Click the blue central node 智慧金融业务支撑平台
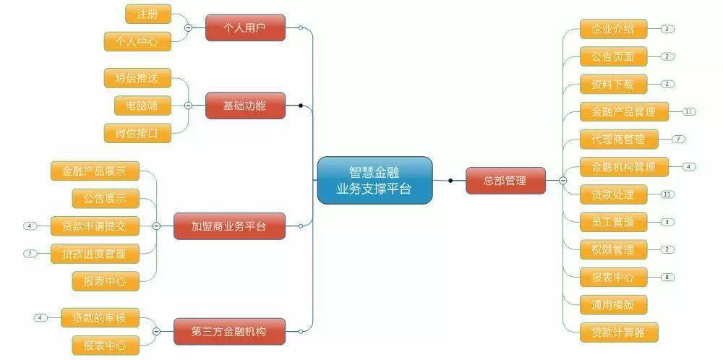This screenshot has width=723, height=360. tap(375, 180)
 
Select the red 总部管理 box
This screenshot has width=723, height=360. tap(505, 181)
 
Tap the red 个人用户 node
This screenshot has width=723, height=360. tap(245, 27)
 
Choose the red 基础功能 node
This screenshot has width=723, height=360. tap(245, 106)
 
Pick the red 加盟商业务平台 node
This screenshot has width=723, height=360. tap(229, 226)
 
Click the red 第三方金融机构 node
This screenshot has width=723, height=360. tap(229, 331)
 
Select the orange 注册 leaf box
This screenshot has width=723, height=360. tap(148, 14)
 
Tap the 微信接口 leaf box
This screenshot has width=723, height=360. tap(137, 133)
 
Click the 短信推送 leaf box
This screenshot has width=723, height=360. tap(137, 78)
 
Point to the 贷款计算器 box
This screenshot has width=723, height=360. tap(619, 333)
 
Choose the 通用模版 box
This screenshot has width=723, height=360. tap(613, 305)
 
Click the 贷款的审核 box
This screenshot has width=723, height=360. tap(100, 317)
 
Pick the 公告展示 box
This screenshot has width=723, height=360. tap(106, 199)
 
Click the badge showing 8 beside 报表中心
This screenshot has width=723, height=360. tap(667, 277)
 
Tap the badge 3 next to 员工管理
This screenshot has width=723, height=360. tap(667, 222)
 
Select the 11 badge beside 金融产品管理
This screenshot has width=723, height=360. tap(689, 111)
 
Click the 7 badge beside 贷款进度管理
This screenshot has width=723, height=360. tap(30, 254)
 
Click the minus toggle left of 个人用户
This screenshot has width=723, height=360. tap(188, 27)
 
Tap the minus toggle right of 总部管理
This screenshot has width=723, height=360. tap(563, 181)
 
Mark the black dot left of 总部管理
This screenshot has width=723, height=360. tap(450, 181)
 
